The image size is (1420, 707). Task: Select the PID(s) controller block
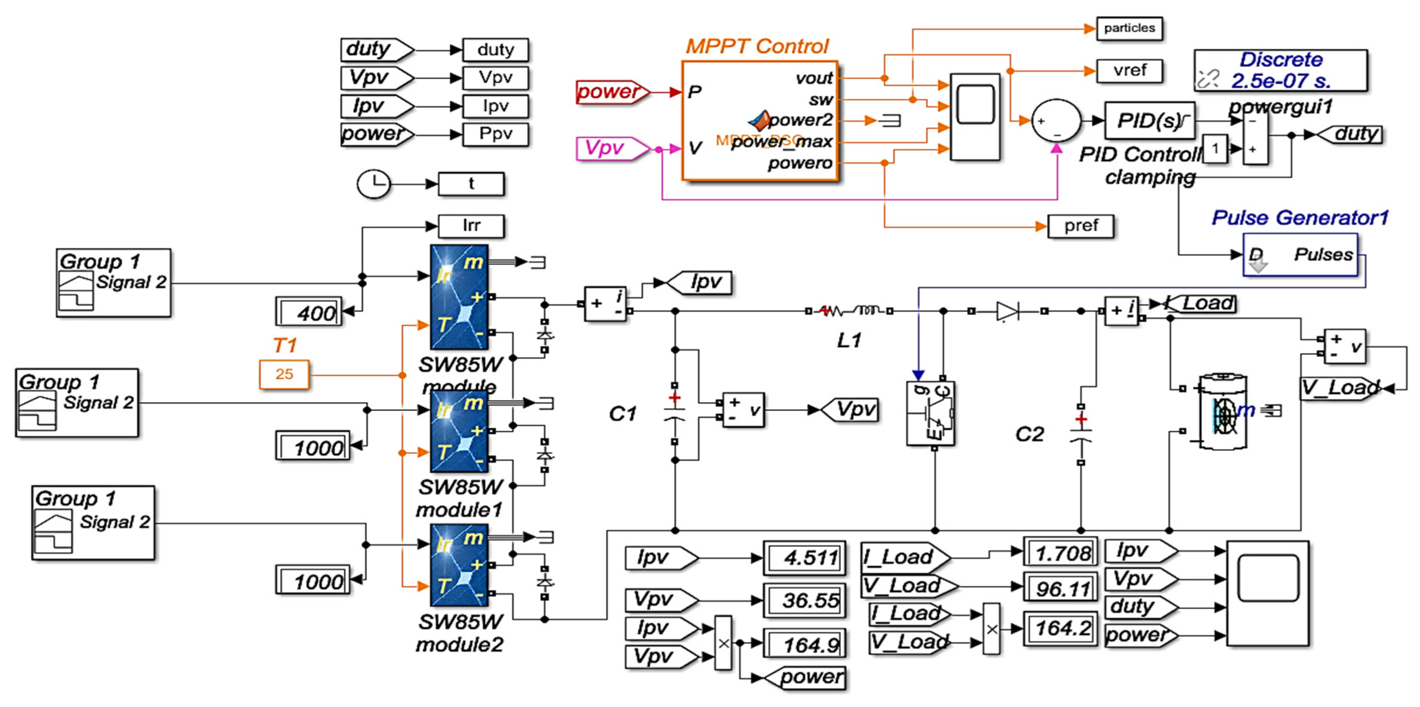tap(1149, 120)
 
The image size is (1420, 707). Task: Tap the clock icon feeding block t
tap(374, 184)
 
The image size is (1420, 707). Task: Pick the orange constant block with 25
tap(284, 374)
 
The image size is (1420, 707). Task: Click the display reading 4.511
tap(804, 557)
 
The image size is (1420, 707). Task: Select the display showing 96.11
tap(1060, 588)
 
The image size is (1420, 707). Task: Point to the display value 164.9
tap(804, 644)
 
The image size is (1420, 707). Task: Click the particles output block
tap(1129, 28)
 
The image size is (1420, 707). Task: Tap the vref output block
tap(1129, 71)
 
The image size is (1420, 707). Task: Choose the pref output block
tap(1080, 226)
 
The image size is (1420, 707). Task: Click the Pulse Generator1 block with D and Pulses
tap(1300, 255)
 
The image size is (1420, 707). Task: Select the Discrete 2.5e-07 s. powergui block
tap(1280, 71)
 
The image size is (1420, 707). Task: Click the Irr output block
tap(471, 226)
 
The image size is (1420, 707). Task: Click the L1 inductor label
tap(848, 340)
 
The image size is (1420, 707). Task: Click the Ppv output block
tap(495, 134)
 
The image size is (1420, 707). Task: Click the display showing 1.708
tap(1060, 552)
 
